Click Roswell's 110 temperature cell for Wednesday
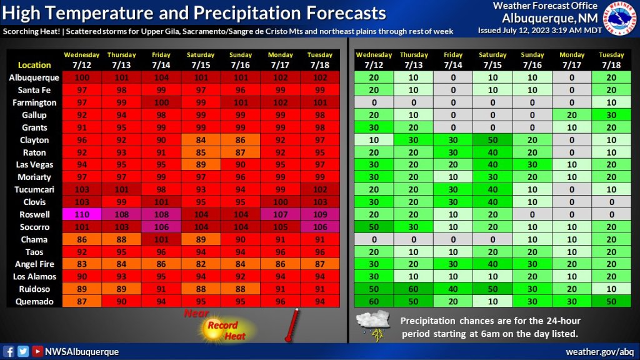tap(82, 214)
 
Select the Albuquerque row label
tap(34, 77)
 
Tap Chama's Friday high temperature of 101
tap(161, 239)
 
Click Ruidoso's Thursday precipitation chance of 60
tap(414, 289)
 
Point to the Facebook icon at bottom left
tap(9, 351)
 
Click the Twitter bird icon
tap(23, 351)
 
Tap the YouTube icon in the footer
tap(37, 351)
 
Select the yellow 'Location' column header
tap(34, 65)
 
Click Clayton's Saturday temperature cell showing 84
tap(201, 140)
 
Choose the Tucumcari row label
tap(33, 189)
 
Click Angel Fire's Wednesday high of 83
tap(82, 264)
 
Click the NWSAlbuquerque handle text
tap(81, 351)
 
